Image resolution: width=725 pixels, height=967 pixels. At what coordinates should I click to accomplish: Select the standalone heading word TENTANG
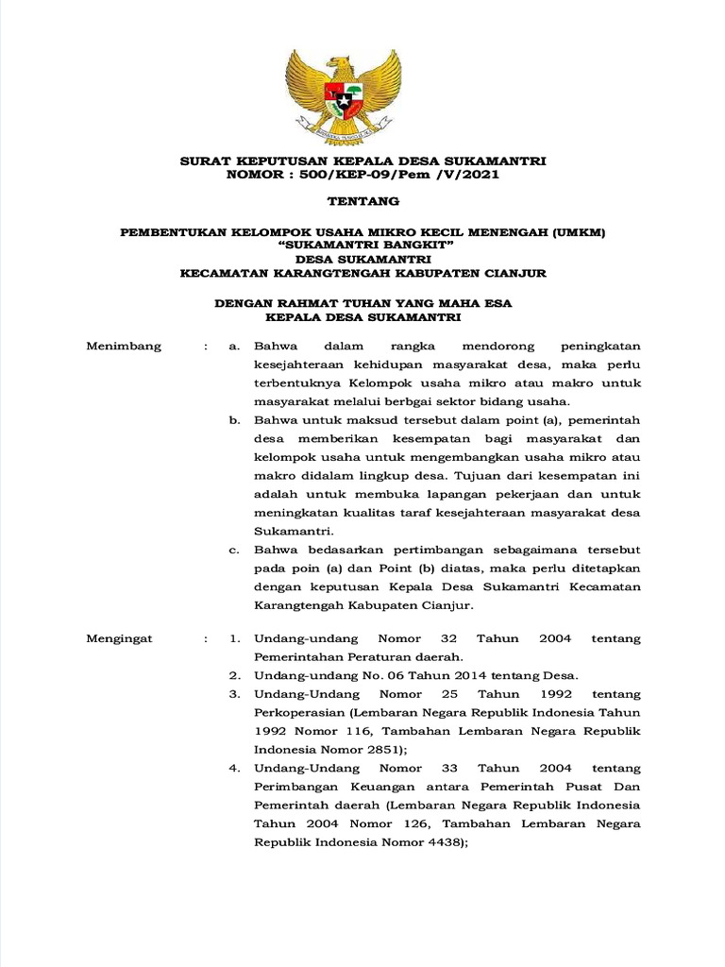point(362,201)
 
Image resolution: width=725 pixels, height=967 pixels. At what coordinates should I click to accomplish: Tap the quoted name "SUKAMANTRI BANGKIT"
point(362,245)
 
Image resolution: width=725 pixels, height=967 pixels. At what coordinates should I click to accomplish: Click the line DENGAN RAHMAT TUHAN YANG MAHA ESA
point(362,303)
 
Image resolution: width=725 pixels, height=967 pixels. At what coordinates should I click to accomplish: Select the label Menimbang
point(124,347)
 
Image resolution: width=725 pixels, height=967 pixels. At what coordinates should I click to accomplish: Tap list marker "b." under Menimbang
point(235,418)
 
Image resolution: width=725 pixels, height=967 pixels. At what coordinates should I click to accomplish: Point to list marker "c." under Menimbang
point(235,550)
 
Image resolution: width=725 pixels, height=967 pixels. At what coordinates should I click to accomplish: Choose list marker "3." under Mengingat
point(235,694)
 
